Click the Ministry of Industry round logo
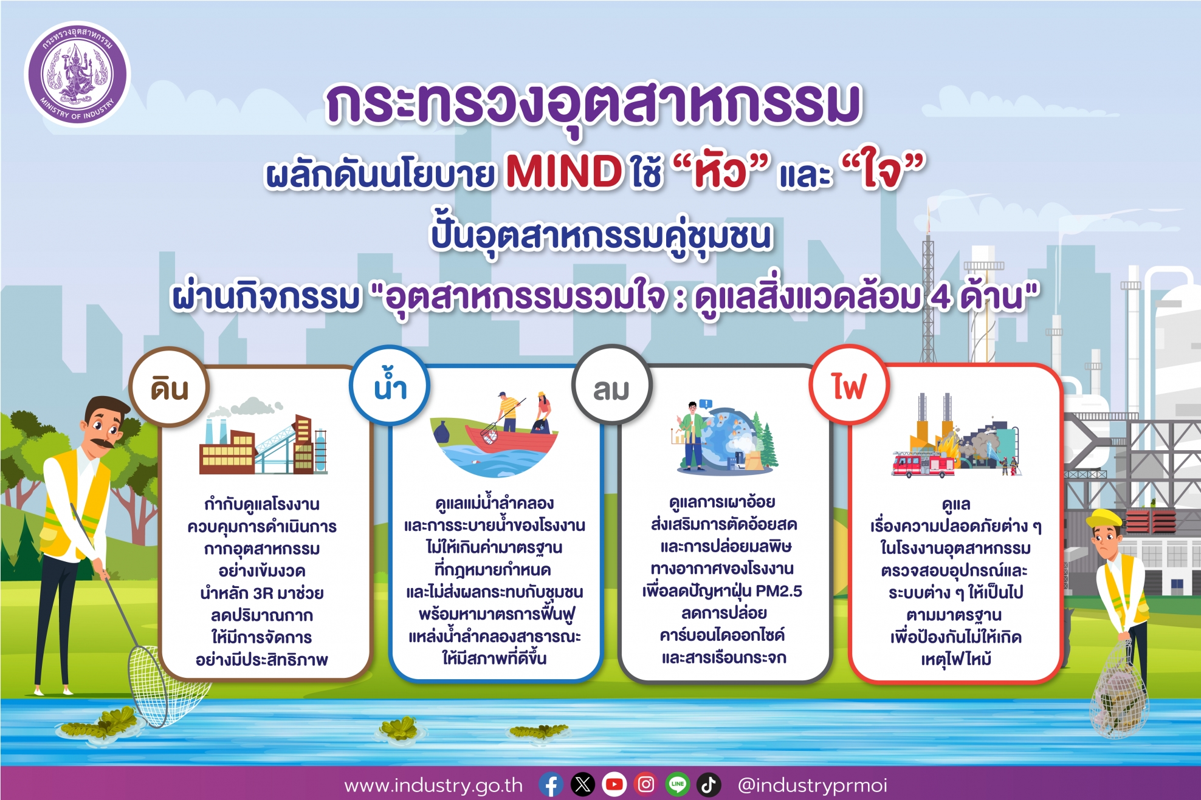click(77, 74)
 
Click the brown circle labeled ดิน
click(170, 387)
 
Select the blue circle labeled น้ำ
click(390, 385)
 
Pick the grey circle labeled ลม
click(611, 385)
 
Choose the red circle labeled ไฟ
click(849, 385)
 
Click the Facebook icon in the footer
click(551, 785)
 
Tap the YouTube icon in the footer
click(614, 785)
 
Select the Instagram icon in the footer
click(646, 785)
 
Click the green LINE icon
click(678, 785)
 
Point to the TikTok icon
click(709, 785)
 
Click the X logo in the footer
click(583, 785)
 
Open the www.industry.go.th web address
click(433, 785)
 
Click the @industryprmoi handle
click(812, 785)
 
